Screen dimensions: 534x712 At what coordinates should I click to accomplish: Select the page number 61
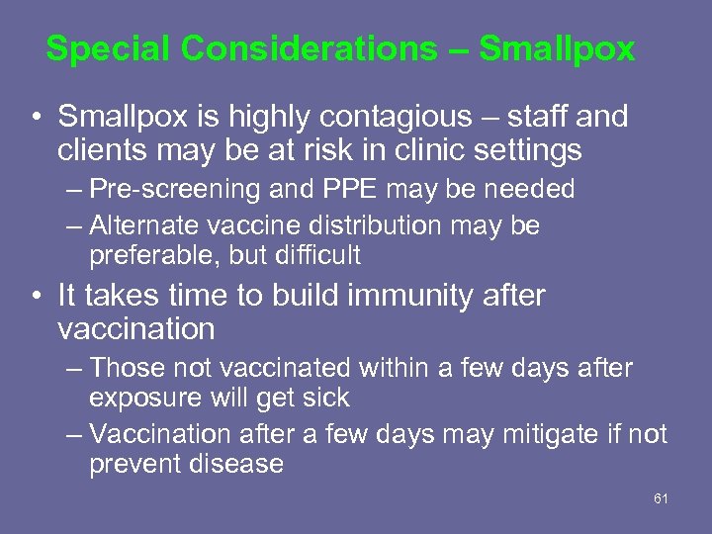pyautogui.click(x=662, y=498)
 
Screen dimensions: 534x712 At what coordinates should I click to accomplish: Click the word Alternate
pyautogui.click(x=147, y=225)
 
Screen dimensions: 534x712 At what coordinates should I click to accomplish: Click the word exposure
pyautogui.click(x=144, y=398)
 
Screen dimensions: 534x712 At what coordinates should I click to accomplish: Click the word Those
pyautogui.click(x=127, y=369)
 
